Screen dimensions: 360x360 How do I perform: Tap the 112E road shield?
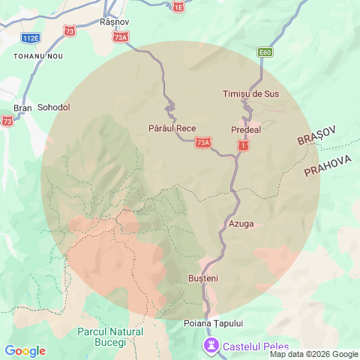[31, 37]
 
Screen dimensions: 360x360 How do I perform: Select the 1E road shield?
[178, 7]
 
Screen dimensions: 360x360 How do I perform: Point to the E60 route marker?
[264, 52]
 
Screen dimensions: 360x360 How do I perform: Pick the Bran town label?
[22, 107]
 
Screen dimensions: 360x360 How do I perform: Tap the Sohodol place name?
[53, 107]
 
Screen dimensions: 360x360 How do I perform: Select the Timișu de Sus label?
[250, 94]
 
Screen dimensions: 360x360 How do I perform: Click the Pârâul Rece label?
[172, 128]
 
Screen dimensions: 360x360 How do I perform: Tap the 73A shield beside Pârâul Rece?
[202, 142]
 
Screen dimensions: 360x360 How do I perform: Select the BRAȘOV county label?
[317, 136]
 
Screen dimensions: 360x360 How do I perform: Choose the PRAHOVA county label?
[327, 166]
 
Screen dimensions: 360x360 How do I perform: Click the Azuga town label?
[240, 223]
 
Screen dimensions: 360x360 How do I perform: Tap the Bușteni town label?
[202, 278]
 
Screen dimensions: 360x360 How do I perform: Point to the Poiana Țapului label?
[213, 323]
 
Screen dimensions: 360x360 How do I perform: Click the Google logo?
[25, 351]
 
